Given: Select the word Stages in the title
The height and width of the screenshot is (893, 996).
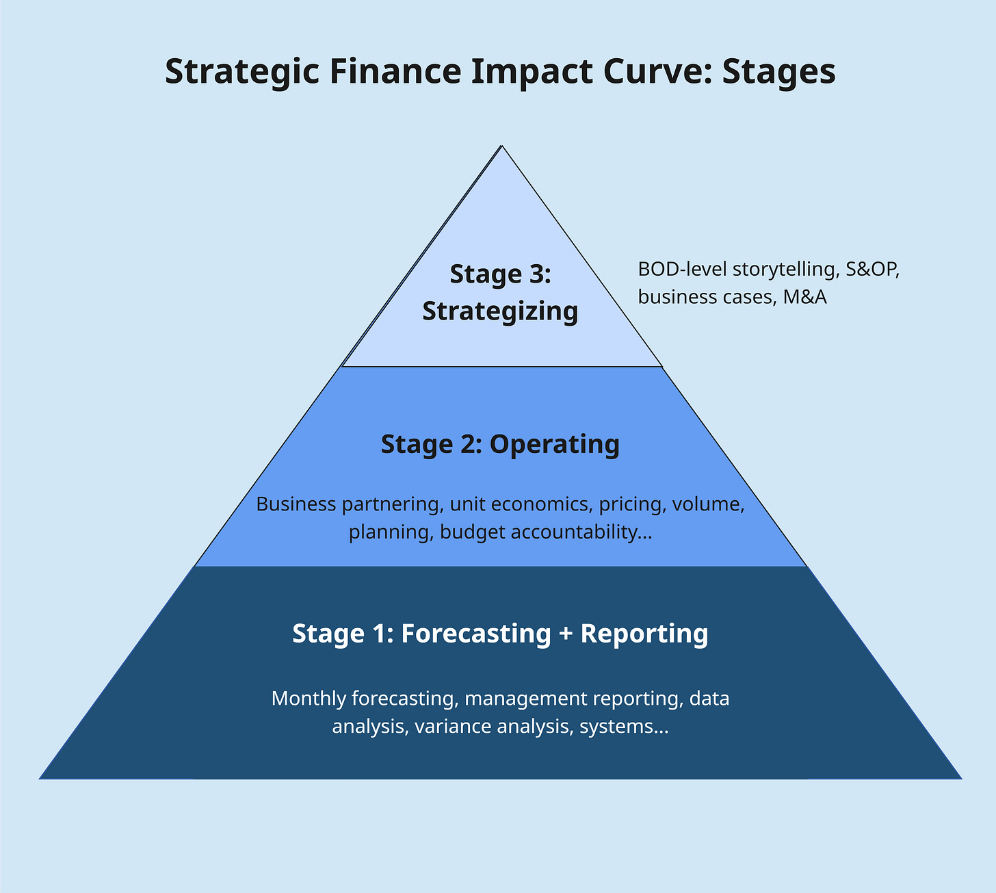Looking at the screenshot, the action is click(x=778, y=72).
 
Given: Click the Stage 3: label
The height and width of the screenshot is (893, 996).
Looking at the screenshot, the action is click(x=500, y=274).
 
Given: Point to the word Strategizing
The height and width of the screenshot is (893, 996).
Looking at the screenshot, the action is click(x=500, y=311).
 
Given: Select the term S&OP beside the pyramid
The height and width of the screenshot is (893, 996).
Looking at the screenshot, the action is click(x=872, y=269).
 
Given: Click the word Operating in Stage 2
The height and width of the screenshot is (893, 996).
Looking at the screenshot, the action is click(x=555, y=444).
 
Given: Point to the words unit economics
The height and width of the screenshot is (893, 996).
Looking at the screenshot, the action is click(x=519, y=504).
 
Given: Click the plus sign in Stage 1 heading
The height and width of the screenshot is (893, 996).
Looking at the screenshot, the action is click(x=565, y=634).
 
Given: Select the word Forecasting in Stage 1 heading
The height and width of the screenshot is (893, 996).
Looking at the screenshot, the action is click(x=475, y=634).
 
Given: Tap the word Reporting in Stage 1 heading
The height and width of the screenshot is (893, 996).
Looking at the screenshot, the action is click(x=644, y=634).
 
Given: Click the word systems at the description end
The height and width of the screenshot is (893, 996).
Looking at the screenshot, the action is click(x=623, y=726).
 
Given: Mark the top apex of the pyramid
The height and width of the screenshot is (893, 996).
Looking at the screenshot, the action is click(x=502, y=146).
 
